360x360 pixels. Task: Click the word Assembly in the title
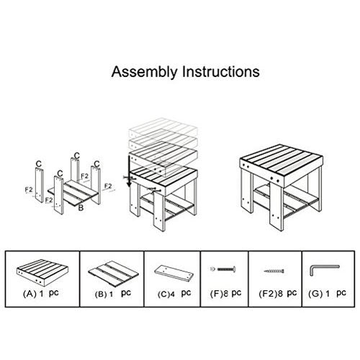pyautogui.click(x=141, y=73)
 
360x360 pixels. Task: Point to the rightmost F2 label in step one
pyautogui.click(x=108, y=185)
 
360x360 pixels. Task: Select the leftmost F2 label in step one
pyautogui.click(x=29, y=191)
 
